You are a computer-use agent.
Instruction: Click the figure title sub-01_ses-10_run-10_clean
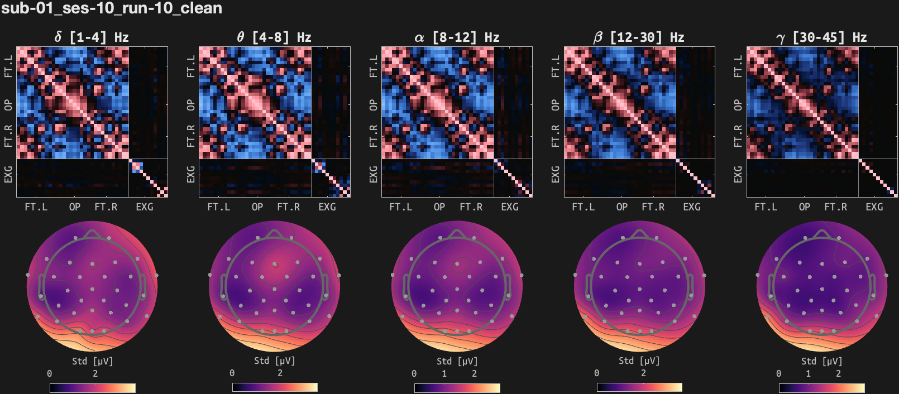[112, 8]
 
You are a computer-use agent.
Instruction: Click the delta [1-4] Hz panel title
[92, 37]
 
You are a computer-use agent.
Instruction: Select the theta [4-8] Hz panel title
[274, 37]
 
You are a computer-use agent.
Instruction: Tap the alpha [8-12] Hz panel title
[457, 37]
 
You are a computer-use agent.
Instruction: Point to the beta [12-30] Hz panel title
[639, 37]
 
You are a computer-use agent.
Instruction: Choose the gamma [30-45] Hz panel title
[821, 37]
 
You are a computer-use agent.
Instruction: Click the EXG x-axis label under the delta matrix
[145, 207]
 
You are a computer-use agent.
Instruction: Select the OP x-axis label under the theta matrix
[257, 207]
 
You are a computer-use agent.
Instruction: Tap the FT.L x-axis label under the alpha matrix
[401, 207]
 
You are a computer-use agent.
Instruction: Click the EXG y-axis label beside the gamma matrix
[738, 174]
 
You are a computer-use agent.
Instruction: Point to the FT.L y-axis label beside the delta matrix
[8, 66]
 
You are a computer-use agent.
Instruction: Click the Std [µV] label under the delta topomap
[93, 361]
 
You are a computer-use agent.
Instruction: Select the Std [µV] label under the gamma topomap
[822, 361]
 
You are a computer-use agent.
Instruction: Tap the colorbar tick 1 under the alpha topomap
[444, 373]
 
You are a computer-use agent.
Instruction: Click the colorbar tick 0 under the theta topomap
[232, 373]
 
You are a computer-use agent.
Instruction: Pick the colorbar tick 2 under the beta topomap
[644, 373]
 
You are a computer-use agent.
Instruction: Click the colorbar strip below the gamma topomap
[822, 387]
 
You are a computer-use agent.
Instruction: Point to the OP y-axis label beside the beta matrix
[556, 105]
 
